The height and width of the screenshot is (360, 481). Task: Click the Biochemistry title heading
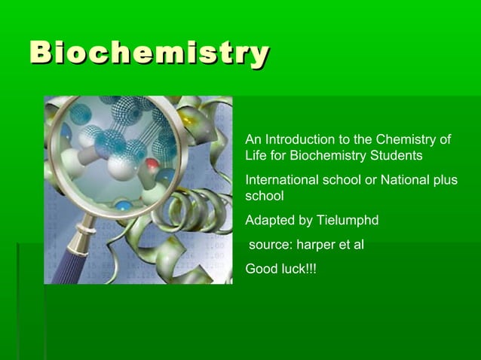(x=149, y=54)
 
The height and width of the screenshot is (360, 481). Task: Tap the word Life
(x=256, y=156)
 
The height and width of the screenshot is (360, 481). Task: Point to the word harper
(x=315, y=246)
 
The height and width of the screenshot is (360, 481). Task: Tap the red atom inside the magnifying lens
(x=152, y=163)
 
